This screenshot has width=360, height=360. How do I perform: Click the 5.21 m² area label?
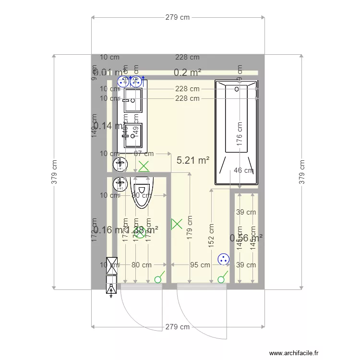193,160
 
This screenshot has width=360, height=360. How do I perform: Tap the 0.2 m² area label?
187,72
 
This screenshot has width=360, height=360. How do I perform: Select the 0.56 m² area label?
246,238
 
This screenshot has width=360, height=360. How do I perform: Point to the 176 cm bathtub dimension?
239,136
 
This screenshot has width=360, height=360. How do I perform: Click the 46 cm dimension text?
243,170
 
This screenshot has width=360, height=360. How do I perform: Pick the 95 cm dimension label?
200,264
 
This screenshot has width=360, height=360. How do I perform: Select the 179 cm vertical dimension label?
190,227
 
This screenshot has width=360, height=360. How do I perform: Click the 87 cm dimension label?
144,154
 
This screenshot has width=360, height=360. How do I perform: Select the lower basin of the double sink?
133,136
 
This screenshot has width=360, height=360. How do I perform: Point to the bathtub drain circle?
236,88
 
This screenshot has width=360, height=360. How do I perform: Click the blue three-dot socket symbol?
223,259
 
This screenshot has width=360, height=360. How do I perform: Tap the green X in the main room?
177,223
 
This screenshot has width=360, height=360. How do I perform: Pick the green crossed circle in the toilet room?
140,233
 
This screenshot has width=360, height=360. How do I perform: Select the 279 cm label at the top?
178,17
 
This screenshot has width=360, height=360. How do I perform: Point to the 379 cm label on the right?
302,171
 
